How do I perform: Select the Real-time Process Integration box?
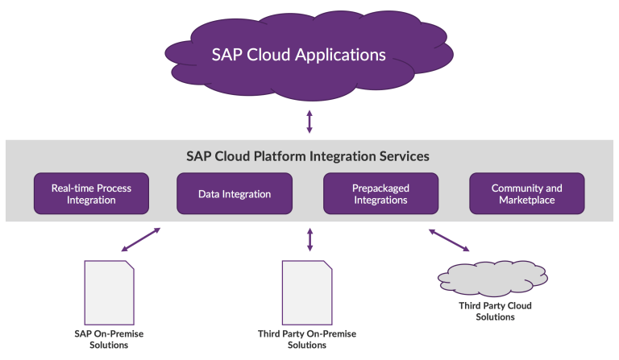pyautogui.click(x=91, y=193)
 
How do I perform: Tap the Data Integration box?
pyautogui.click(x=235, y=194)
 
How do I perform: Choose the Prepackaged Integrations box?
pyautogui.click(x=380, y=193)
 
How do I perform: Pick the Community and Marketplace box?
pyautogui.click(x=526, y=193)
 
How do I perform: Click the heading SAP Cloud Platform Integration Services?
pyautogui.click(x=309, y=155)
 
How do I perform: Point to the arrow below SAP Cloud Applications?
pyautogui.click(x=309, y=122)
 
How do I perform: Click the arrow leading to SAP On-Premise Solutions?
pyautogui.click(x=139, y=239)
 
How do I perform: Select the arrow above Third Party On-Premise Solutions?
pyautogui.click(x=309, y=239)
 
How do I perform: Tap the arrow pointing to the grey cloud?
pyautogui.click(x=449, y=240)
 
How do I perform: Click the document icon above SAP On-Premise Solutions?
pyautogui.click(x=109, y=291)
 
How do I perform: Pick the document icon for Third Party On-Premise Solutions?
pyautogui.click(x=306, y=291)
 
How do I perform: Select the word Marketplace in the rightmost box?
pyautogui.click(x=526, y=200)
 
